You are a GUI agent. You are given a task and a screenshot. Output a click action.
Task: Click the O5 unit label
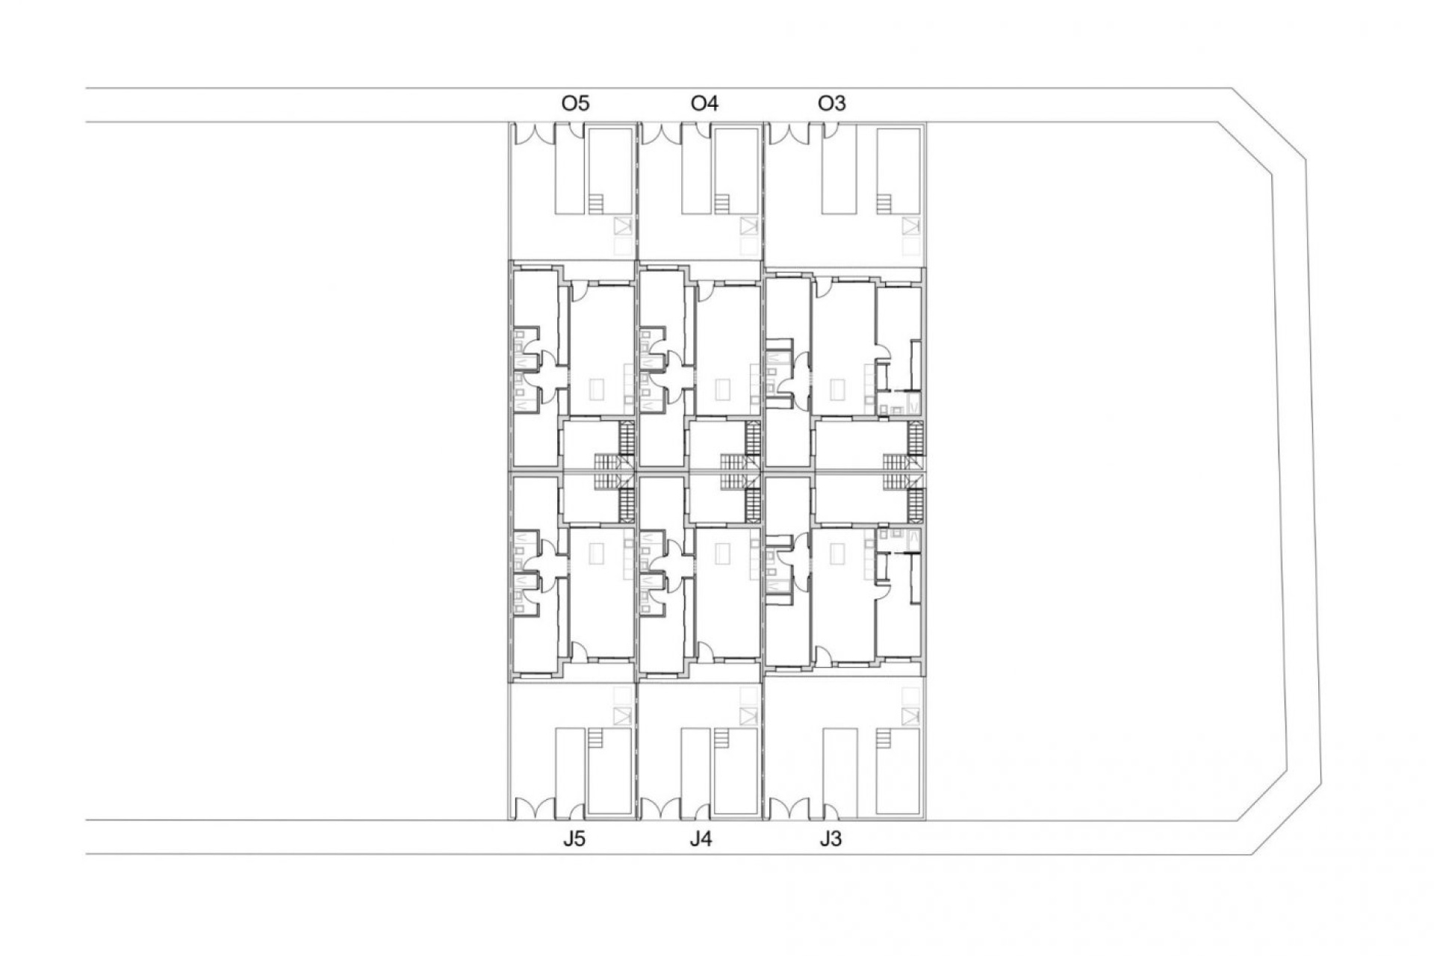tap(575, 103)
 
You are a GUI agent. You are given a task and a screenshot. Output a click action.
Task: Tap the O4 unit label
tap(704, 103)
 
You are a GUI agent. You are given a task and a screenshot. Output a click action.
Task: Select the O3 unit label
tap(831, 103)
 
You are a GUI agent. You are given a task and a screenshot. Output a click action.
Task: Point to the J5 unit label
tap(574, 839)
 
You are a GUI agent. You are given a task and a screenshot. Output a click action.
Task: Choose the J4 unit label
tap(701, 839)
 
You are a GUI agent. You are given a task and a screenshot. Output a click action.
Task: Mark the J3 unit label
tap(830, 839)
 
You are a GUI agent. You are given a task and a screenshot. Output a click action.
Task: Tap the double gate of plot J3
tap(789, 809)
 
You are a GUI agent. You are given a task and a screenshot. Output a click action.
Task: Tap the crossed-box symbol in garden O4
tap(749, 226)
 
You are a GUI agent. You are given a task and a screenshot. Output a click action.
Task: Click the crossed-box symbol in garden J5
tap(622, 716)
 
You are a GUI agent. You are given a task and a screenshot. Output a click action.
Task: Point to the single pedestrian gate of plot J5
tap(576, 811)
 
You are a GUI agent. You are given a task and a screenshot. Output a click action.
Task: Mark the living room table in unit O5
tap(598, 389)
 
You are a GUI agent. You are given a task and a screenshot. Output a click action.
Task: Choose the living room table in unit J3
tap(839, 553)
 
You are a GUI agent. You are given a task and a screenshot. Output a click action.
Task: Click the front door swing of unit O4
tap(705, 290)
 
